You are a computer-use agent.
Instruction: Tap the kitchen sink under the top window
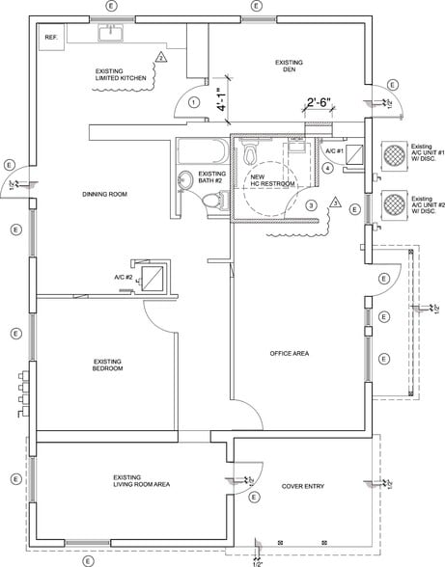[x=114, y=34]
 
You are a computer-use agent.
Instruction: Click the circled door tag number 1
[x=194, y=101]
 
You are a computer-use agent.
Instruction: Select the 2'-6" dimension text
[x=320, y=102]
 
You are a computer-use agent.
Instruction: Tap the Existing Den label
[x=289, y=66]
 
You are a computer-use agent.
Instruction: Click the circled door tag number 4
[x=327, y=168]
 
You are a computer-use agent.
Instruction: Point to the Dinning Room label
[x=105, y=195]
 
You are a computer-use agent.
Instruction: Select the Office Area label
[x=289, y=355]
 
